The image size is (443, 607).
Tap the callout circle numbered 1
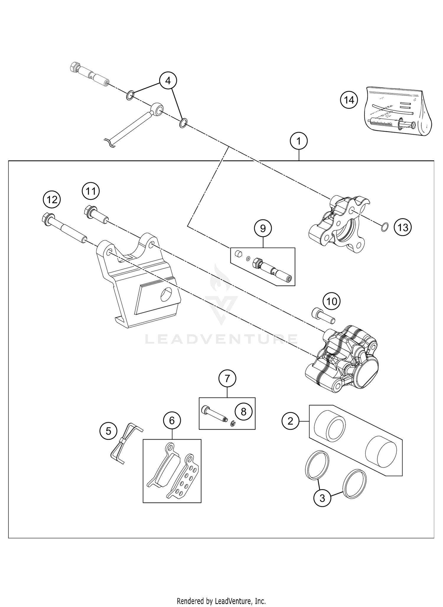pos(299,141)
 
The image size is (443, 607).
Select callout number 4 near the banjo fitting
pos(168,80)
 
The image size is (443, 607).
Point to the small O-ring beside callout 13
pos(384,227)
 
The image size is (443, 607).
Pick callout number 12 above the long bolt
pos(52,200)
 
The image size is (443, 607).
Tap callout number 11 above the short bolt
pos(91,191)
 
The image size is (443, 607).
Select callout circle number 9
pos(263,228)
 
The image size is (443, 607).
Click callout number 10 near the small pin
pos(332,302)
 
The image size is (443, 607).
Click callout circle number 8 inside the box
pos(243,412)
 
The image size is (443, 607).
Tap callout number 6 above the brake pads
pos(172,420)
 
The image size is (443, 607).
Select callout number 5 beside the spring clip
pos(108,432)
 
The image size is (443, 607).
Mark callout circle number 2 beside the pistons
pos(290,421)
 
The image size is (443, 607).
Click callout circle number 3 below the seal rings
pos(322,498)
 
